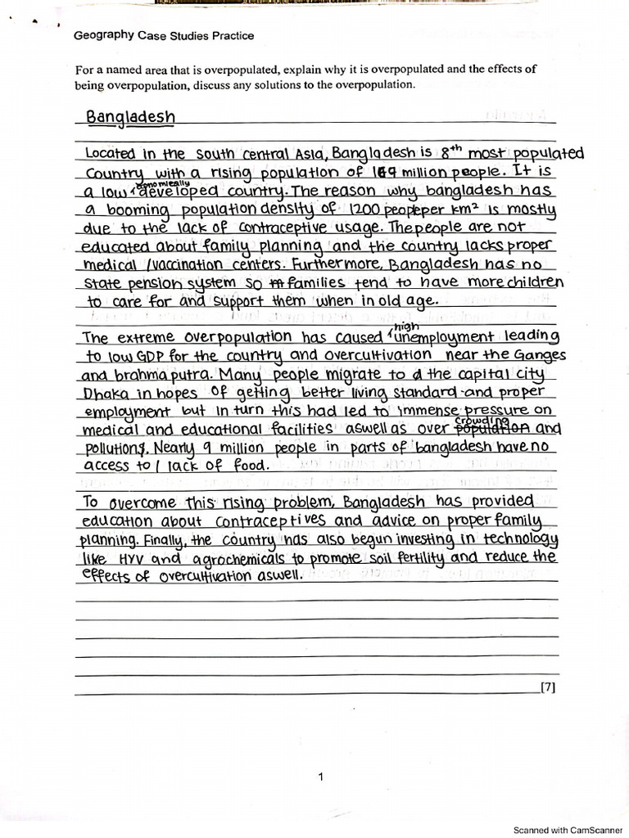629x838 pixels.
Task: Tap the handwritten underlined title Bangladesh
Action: (130, 117)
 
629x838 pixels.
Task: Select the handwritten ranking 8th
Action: (451, 152)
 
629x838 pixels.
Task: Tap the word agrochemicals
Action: (233, 559)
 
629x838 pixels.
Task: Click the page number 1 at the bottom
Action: (321, 777)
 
